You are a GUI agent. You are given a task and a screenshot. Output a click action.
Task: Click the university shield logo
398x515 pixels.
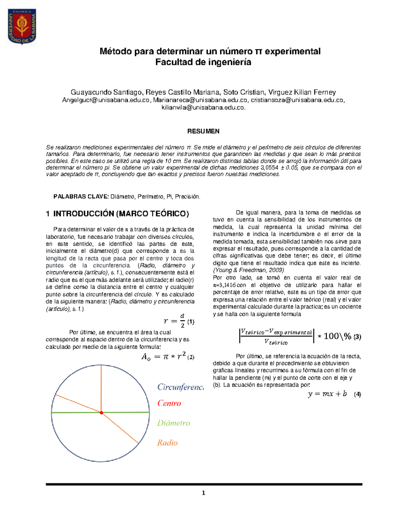click(22, 26)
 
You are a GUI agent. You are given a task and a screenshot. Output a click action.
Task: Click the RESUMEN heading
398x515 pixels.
click(203, 131)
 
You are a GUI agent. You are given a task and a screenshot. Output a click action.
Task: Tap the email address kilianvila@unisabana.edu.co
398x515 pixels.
click(203, 107)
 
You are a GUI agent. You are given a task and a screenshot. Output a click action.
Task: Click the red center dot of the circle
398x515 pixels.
click(101, 413)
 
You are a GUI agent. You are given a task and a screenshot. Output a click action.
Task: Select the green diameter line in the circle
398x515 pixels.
click(126, 412)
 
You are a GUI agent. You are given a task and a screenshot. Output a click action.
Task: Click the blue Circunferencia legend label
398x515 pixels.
click(180, 387)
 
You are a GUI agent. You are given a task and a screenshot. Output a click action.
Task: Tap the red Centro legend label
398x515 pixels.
click(169, 403)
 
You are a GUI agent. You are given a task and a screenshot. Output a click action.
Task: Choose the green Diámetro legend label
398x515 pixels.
click(173, 423)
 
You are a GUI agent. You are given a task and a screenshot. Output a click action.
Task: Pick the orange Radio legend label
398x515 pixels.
click(167, 443)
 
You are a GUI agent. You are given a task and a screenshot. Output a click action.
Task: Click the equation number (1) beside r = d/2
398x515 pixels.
click(191, 322)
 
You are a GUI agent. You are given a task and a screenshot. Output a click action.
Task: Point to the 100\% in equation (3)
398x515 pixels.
click(337, 336)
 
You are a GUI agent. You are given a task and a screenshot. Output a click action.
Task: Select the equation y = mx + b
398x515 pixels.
click(327, 394)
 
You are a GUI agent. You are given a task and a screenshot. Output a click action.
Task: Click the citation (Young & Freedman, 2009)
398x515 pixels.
click(248, 270)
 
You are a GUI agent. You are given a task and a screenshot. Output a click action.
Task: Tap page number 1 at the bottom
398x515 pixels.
click(203, 493)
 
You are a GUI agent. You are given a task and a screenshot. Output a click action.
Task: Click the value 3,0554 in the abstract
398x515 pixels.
click(269, 168)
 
